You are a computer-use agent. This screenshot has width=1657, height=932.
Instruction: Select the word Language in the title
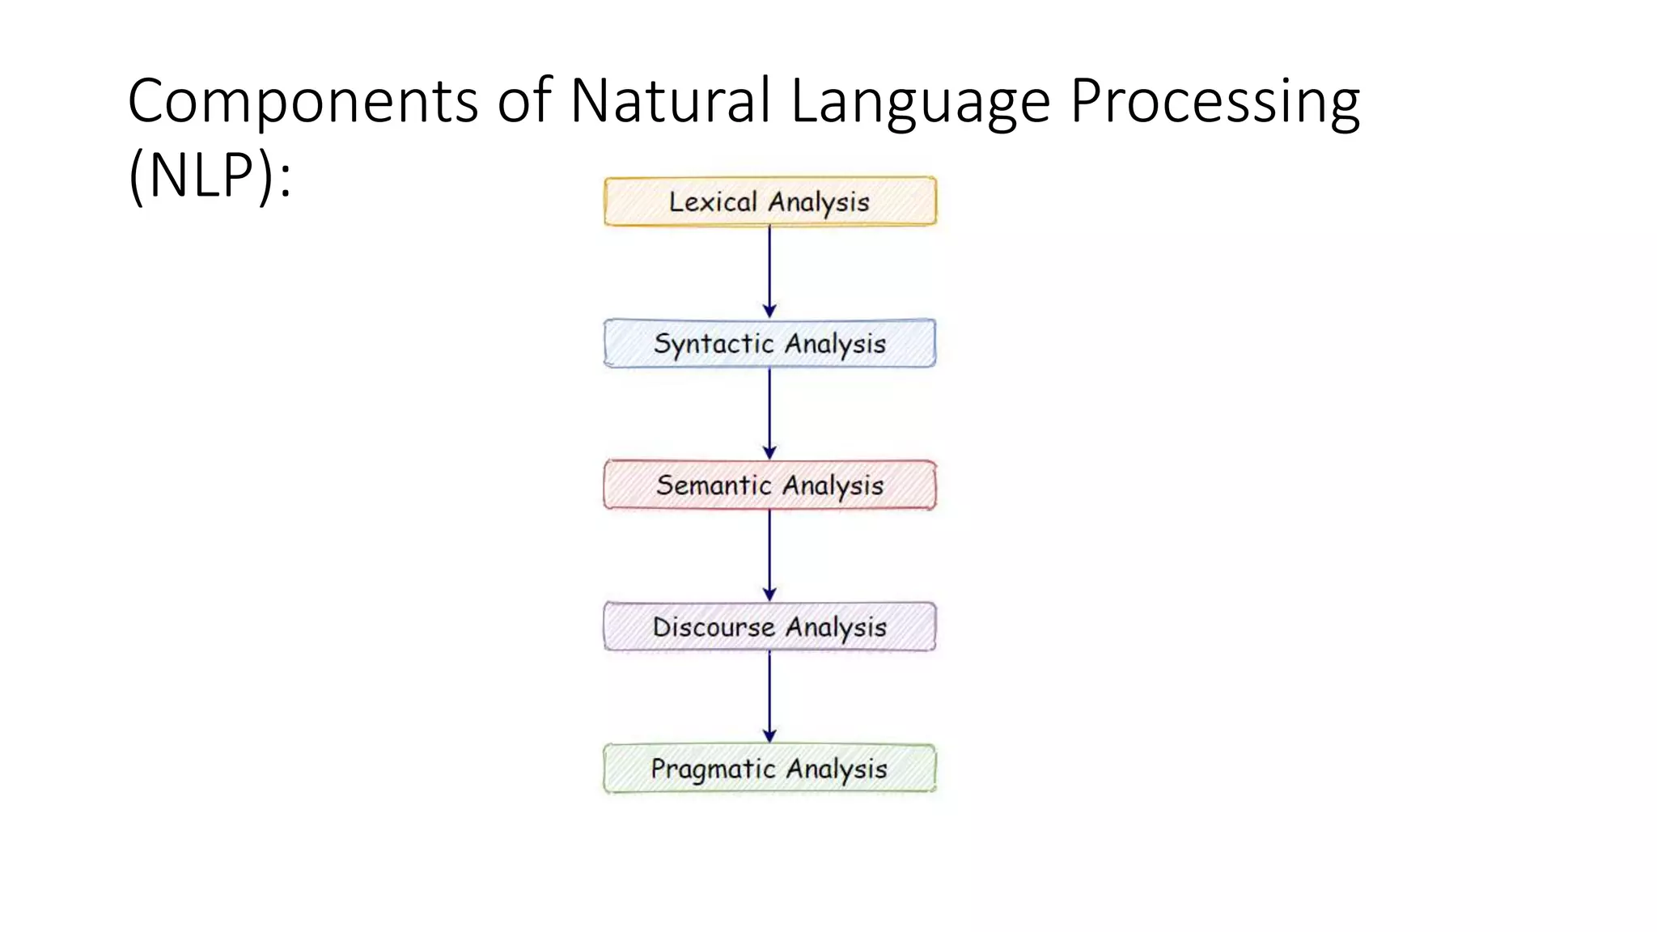920,102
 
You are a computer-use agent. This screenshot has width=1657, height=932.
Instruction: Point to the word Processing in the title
1214,102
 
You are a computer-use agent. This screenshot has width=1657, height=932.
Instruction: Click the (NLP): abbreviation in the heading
210,176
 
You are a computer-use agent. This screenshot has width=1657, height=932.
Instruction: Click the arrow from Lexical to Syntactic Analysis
769,272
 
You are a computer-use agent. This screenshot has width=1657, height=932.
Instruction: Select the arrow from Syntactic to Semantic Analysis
769,413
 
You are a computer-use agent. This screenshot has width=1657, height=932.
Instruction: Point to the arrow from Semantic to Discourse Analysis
769,555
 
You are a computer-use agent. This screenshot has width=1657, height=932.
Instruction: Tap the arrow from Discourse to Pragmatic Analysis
769,697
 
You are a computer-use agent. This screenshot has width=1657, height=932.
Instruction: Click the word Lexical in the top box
713,201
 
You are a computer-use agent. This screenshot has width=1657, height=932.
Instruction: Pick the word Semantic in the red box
714,485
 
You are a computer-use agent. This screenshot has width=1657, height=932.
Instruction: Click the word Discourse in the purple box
714,627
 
